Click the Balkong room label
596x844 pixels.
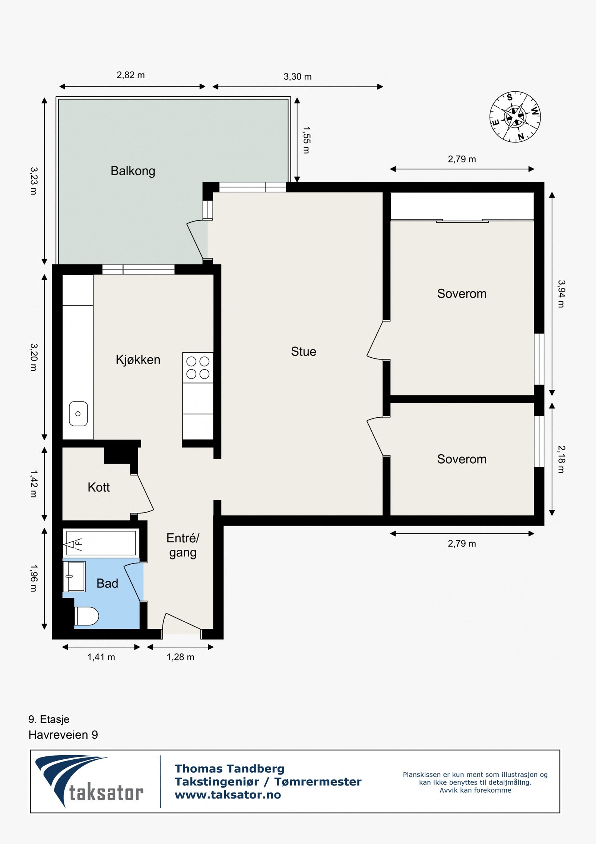pos(133,171)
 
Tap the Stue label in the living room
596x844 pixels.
pos(304,351)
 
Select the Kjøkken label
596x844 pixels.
pos(138,360)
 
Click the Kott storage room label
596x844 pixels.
pos(99,487)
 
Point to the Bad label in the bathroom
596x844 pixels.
pos(107,583)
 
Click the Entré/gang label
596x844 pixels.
pos(183,545)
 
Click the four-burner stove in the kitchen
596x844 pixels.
pos(198,367)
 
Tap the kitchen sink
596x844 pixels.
pos(78,414)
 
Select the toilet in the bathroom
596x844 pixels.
pos(86,616)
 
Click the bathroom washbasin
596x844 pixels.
pos(74,577)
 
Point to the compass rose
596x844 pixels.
pos(515,117)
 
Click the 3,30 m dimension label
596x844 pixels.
pos(298,76)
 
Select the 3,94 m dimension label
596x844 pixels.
pos(561,294)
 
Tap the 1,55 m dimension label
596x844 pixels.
pos(306,140)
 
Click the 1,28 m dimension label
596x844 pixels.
pos(180,657)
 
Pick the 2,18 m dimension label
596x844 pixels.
pos(561,459)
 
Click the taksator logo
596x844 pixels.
pos(89,781)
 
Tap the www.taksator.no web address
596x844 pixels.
pos(228,795)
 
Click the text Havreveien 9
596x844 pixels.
pos(63,735)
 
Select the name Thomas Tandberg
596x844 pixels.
pos(229,769)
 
